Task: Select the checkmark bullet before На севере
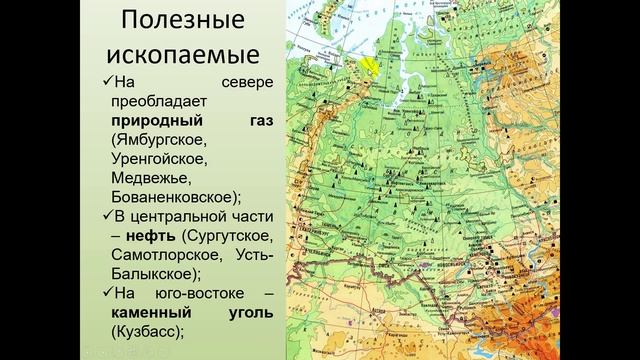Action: [x=108, y=83]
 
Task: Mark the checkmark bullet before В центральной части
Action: [x=108, y=216]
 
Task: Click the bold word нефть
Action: [x=149, y=235]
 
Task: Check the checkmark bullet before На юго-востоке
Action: [x=108, y=292]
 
